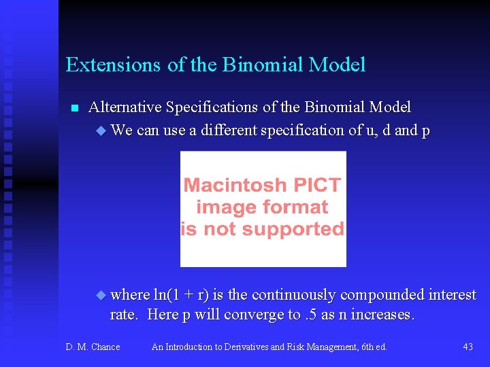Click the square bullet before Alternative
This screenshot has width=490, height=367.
tap(75, 108)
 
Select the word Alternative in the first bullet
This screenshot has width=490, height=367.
tap(125, 107)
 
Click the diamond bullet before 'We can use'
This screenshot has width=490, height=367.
tap(102, 130)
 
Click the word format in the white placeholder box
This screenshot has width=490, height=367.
tap(300, 207)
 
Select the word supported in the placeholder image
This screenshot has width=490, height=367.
tap(299, 229)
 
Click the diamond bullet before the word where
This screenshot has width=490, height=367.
tap(102, 295)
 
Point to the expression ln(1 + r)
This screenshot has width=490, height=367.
tap(182, 295)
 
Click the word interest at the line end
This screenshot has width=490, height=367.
tap(453, 295)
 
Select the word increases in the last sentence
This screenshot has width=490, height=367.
tap(382, 315)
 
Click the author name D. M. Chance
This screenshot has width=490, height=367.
tap(93, 347)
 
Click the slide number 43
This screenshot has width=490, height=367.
tap(468, 347)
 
